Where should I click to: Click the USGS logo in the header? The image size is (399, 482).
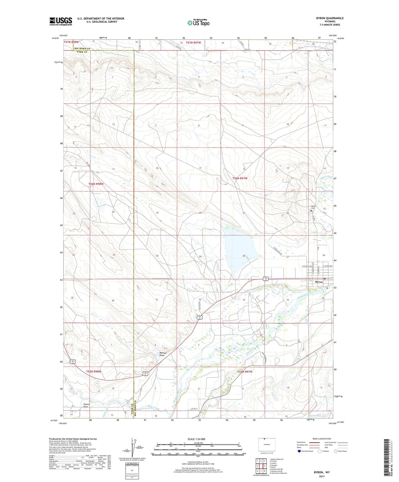(x=61, y=21)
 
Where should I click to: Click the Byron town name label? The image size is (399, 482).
(x=319, y=282)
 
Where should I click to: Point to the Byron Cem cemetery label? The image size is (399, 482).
(x=313, y=207)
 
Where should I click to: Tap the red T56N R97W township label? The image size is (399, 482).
(x=240, y=178)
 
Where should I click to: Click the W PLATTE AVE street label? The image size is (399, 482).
(x=307, y=266)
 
